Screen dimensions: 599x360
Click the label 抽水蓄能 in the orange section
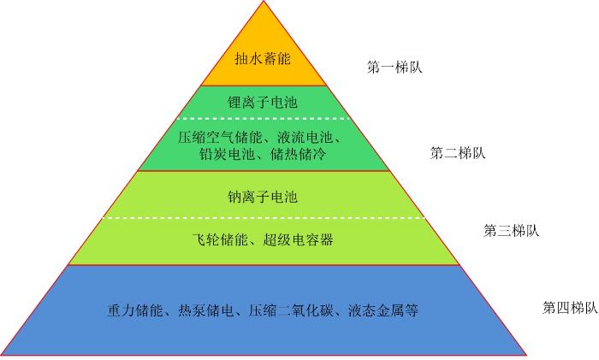pyautogui.click(x=263, y=59)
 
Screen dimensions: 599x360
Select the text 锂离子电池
pyautogui.click(x=263, y=103)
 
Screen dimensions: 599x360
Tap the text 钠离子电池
pyautogui.click(x=263, y=197)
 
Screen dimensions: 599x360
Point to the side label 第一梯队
pyautogui.click(x=394, y=68)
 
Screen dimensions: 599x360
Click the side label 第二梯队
pyautogui.click(x=458, y=153)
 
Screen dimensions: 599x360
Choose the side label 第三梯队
pyautogui.click(x=511, y=231)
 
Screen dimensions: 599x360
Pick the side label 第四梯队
pyautogui.click(x=570, y=308)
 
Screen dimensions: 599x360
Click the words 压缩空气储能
pyautogui.click(x=220, y=137)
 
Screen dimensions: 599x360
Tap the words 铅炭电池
pyautogui.click(x=227, y=154)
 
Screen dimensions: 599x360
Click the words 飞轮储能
pyautogui.click(x=220, y=239)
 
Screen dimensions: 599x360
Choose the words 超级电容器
pyautogui.click(x=298, y=239)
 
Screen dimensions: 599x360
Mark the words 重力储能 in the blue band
pyautogui.click(x=135, y=310)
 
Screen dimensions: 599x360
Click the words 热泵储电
pyautogui.click(x=206, y=310)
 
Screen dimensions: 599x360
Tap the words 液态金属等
pyautogui.click(x=383, y=310)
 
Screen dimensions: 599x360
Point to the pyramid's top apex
pyautogui.click(x=264, y=1)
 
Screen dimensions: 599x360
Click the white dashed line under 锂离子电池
pyautogui.click(x=264, y=119)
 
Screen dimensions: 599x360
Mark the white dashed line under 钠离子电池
pyautogui.click(x=264, y=218)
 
